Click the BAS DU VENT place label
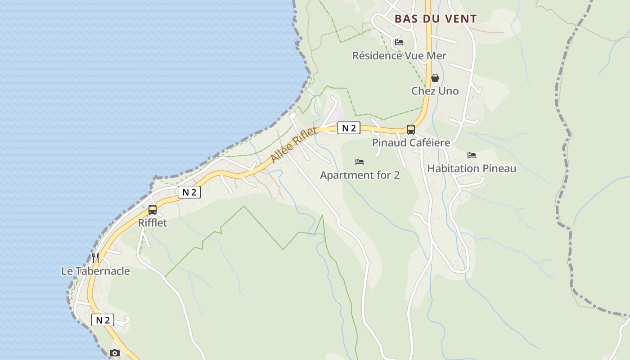point(435,19)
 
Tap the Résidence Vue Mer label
point(399,56)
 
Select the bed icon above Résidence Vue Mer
point(399,43)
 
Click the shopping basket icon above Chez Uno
point(435,78)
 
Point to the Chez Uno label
point(435,91)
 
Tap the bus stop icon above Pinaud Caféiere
point(411,130)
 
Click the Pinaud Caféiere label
point(411,143)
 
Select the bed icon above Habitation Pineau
point(472,155)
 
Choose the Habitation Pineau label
point(472,169)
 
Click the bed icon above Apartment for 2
point(360,162)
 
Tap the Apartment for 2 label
point(360,175)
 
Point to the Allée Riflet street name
point(294,145)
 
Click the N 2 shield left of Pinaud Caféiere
point(349,128)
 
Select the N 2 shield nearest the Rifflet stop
point(189,192)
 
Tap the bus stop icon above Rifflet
point(153,210)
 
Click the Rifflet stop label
point(153,223)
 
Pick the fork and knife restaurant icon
point(95,258)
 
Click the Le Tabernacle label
point(95,271)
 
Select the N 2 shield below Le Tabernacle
point(103,320)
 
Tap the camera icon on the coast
point(115,353)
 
